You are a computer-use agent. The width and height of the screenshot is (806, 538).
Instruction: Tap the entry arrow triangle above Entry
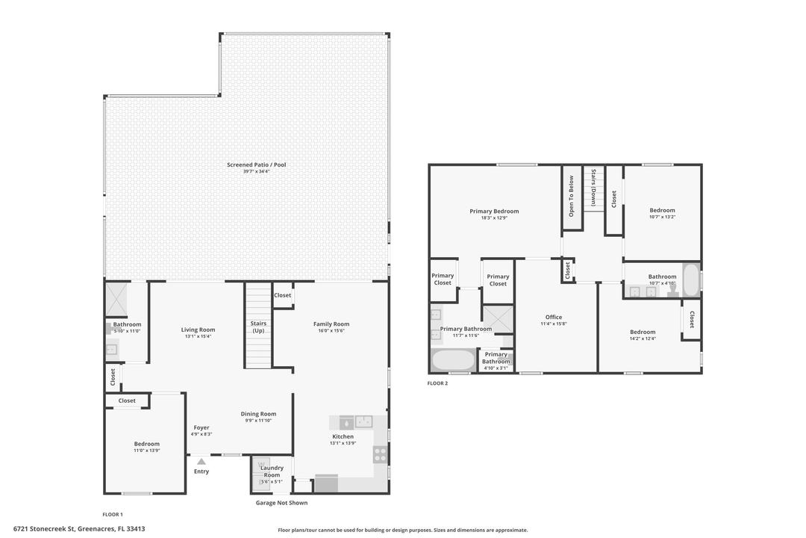tap(201, 462)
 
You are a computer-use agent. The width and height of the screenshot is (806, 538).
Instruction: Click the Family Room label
tap(331, 324)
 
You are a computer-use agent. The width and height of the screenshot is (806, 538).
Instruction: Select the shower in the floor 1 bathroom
tap(116, 297)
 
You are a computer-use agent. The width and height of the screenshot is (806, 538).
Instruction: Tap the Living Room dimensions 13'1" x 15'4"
tap(198, 336)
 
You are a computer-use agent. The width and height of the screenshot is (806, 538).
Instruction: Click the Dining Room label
tap(258, 414)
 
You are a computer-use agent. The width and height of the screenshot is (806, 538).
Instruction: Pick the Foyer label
tap(201, 427)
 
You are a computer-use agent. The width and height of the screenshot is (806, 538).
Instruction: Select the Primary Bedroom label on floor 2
tap(494, 211)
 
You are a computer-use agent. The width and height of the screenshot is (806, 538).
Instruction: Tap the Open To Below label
tap(572, 197)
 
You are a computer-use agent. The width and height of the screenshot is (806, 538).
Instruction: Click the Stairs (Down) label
tap(593, 188)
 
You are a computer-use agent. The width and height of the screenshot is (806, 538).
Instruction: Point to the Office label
tap(553, 317)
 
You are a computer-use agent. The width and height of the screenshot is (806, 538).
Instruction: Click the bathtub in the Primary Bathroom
tap(453, 361)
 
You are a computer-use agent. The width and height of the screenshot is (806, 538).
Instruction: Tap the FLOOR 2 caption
tap(437, 383)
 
